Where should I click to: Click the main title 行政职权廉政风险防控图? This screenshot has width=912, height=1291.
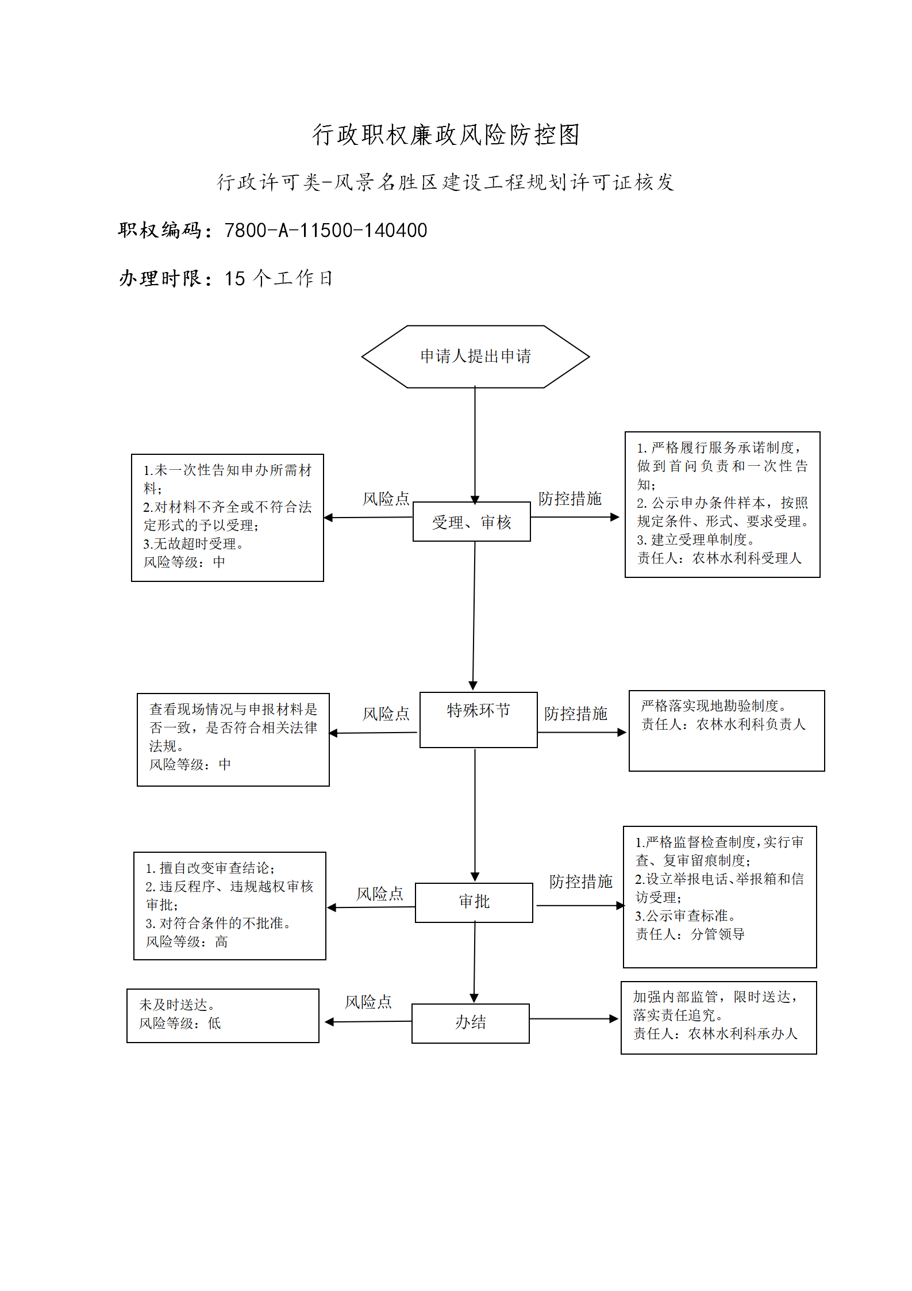[x=446, y=135]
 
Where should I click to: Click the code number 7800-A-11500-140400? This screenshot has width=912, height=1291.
[x=326, y=231]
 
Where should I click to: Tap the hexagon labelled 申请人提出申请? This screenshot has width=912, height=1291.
[x=475, y=357]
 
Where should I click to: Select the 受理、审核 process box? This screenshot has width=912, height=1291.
[x=472, y=522]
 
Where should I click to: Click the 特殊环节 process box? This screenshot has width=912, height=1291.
[x=479, y=719]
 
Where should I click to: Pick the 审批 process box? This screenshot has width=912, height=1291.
[x=474, y=902]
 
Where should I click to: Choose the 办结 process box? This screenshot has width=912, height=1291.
[x=471, y=1023]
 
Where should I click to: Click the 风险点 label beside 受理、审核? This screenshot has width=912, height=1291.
[x=386, y=499]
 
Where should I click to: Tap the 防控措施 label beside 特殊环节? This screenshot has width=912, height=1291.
[x=576, y=714]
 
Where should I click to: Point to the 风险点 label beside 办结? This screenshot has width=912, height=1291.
[x=368, y=1002]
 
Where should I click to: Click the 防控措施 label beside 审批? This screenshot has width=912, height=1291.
[x=581, y=882]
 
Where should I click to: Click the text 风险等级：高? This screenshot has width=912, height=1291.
[x=187, y=941]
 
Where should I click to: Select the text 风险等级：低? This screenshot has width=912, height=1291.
[x=180, y=1023]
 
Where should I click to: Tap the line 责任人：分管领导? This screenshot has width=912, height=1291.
[x=690, y=934]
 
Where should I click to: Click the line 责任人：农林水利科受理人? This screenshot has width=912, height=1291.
[x=719, y=558]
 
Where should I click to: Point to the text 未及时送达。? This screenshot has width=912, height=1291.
[x=178, y=1005]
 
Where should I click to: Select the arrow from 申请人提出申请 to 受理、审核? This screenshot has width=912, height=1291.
[x=475, y=445]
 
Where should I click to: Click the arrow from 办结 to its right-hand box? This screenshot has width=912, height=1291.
[x=574, y=1019]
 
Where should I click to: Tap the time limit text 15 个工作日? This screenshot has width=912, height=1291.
[x=279, y=278]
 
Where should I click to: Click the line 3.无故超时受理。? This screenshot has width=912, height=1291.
[x=194, y=543]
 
